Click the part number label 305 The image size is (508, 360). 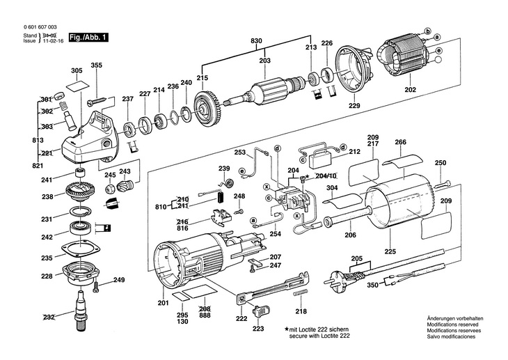pos(77,71)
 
